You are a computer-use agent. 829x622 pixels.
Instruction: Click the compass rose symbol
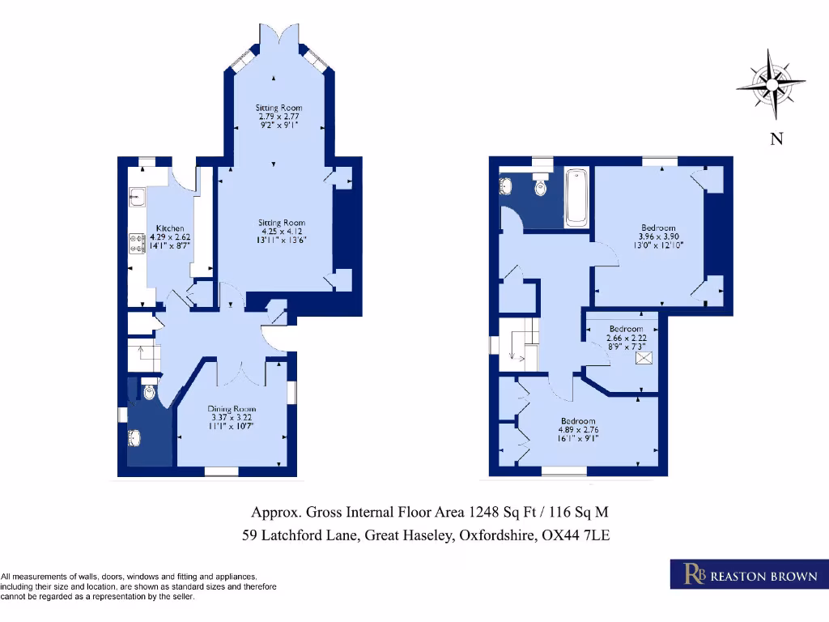771,84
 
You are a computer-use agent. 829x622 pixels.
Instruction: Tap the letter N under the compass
776,139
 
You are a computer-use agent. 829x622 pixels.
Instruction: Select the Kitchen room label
170,228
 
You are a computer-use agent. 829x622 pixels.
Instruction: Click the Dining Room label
232,409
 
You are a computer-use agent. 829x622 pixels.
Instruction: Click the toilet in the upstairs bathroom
541,185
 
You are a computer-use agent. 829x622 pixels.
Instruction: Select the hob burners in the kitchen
136,243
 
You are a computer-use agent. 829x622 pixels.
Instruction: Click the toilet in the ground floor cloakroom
148,391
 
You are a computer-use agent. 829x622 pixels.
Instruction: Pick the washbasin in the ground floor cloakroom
134,439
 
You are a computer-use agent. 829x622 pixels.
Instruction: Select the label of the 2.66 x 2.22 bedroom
626,329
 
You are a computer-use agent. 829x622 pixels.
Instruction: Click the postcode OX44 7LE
580,535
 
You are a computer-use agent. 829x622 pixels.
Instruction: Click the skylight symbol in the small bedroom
645,357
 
